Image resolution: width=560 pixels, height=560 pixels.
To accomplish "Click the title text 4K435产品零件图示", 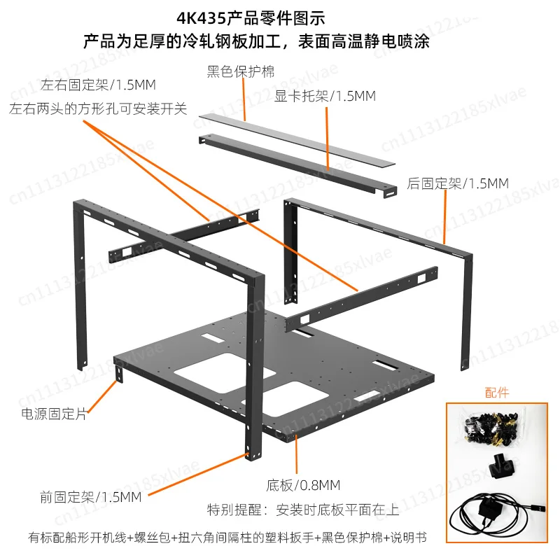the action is pos(251,18).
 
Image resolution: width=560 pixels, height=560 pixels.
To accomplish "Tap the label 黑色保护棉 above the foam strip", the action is pos(241,71).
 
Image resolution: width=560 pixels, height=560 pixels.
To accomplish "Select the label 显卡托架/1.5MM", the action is pos(325,96).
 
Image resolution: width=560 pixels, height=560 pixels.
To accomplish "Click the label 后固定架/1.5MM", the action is pos(458,183).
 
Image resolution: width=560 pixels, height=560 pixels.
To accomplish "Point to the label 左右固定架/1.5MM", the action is pos(98,85).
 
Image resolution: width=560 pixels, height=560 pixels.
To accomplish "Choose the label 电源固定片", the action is pos(54,414).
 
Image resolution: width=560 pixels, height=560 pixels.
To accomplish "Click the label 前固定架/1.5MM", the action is pos(91,497).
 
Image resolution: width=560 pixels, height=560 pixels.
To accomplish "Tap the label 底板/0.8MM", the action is pos(303,485).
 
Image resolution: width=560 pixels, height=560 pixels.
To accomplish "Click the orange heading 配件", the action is pos(497,393).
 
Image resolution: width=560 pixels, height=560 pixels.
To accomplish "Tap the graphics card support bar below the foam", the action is pos(297,165).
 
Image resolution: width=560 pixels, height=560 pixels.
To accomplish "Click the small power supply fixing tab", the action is pos(119,374).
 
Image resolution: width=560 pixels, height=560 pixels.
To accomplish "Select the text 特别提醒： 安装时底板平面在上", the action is pos(303,510).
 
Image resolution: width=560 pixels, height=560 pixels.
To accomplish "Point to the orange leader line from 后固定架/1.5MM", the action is pos(445,217).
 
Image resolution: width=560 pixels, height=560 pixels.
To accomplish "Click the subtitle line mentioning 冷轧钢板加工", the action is pos(256,41).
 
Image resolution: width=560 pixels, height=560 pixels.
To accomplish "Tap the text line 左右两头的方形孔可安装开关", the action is pos(98,108).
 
